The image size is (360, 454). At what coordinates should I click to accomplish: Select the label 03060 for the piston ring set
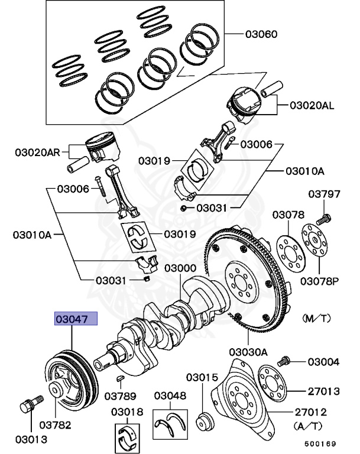click(262, 34)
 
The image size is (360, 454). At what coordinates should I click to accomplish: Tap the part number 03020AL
click(312, 106)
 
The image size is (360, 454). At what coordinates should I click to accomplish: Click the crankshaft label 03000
click(180, 268)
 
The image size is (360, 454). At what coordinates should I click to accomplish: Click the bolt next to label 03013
click(27, 407)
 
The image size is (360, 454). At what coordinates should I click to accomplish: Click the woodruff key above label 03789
click(121, 377)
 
